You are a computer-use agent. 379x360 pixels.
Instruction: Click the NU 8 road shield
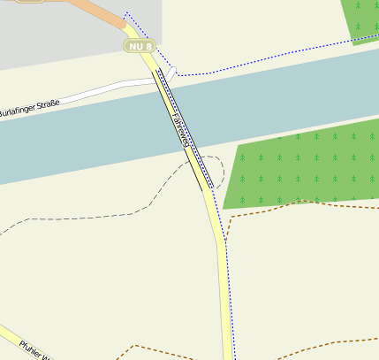[140, 45]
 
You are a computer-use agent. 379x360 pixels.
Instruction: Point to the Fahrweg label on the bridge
[182, 129]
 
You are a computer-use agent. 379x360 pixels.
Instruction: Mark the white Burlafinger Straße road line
[106, 90]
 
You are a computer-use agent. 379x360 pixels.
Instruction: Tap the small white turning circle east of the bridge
[173, 71]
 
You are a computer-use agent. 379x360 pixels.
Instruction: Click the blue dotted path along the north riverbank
[265, 60]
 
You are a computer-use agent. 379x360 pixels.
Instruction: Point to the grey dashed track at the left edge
[9, 231]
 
